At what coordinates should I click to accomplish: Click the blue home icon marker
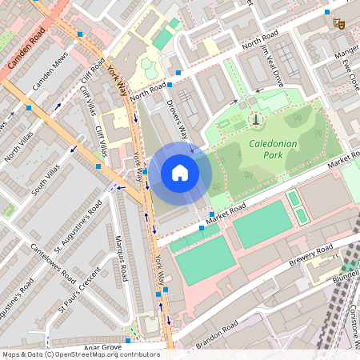[180, 172]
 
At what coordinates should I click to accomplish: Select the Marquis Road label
[120, 264]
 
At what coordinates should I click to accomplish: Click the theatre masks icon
[338, 25]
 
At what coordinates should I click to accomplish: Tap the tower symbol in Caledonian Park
[255, 120]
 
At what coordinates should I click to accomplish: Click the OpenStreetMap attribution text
[81, 354]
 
